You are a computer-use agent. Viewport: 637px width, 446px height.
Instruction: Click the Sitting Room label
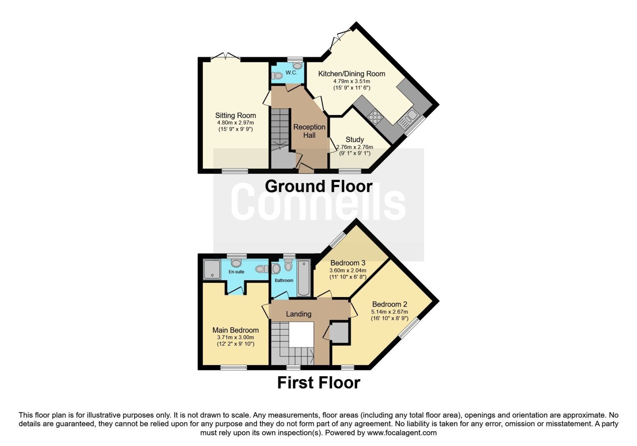coord(235,115)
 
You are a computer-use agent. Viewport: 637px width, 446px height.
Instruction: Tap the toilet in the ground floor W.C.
coord(277,76)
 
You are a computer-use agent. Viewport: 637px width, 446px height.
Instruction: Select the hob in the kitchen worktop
coord(375,117)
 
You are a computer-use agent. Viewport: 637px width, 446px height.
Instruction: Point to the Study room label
coord(355,140)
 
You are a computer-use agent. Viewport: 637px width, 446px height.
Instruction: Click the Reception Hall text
coord(309,131)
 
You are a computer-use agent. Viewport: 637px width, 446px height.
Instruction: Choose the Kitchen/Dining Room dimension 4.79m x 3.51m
coord(352,81)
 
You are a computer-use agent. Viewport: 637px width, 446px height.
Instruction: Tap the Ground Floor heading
coord(318,186)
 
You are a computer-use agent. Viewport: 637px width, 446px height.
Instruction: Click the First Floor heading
coord(318,383)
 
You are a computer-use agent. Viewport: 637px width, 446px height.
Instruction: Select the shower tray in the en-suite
coord(212,269)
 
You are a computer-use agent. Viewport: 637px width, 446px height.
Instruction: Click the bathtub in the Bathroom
coord(304,278)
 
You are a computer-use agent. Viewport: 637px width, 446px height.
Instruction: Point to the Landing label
coord(299,314)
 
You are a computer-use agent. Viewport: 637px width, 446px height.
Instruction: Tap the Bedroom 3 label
coord(348,263)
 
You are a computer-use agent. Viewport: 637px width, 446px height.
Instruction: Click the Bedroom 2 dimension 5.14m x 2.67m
coord(390,312)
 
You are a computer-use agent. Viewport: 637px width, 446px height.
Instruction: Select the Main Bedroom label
coord(235,330)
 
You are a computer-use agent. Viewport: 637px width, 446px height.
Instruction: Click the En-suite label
coord(236,272)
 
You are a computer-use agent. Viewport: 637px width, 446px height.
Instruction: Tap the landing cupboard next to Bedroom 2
coord(339,333)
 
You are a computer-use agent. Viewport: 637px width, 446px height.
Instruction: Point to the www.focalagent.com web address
coord(402,433)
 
